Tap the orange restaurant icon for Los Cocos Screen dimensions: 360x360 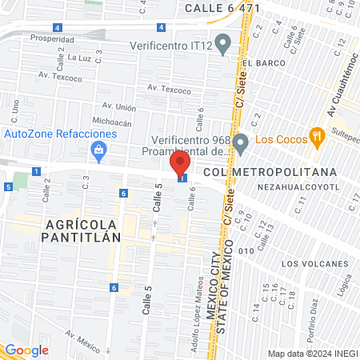pos(318,136)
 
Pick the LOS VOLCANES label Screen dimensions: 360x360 pos(315,263)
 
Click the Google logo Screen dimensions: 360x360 pos(26,350)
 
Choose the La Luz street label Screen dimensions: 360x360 pos(79,57)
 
